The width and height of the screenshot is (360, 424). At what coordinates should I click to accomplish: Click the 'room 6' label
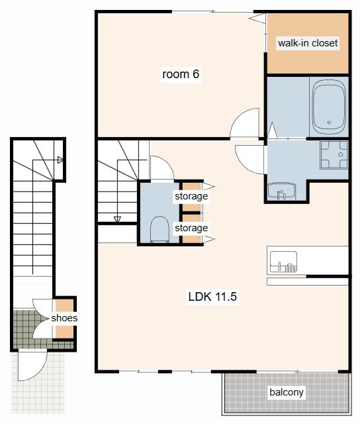click(181, 74)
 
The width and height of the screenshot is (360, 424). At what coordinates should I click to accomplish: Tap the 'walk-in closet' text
click(308, 43)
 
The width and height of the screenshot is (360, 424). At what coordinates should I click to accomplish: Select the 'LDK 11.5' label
click(212, 296)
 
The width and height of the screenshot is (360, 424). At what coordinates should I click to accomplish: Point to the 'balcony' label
click(287, 392)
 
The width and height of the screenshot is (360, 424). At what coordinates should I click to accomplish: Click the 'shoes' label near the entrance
click(64, 318)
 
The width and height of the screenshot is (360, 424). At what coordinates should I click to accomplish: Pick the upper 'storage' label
click(191, 196)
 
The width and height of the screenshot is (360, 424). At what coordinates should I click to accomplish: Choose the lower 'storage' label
click(191, 228)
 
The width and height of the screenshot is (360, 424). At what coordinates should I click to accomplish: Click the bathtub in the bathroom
click(329, 108)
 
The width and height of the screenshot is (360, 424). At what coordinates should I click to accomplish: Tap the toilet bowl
click(159, 229)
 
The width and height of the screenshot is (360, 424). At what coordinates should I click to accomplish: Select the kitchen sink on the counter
click(284, 262)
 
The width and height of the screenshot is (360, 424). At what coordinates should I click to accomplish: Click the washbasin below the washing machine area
click(282, 191)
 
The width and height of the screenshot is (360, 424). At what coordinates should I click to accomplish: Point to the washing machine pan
click(334, 154)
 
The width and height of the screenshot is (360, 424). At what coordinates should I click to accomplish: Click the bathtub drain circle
click(329, 122)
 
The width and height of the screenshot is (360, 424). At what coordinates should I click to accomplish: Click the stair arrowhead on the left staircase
click(60, 160)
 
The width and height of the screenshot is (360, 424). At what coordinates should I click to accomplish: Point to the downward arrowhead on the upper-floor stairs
click(118, 219)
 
